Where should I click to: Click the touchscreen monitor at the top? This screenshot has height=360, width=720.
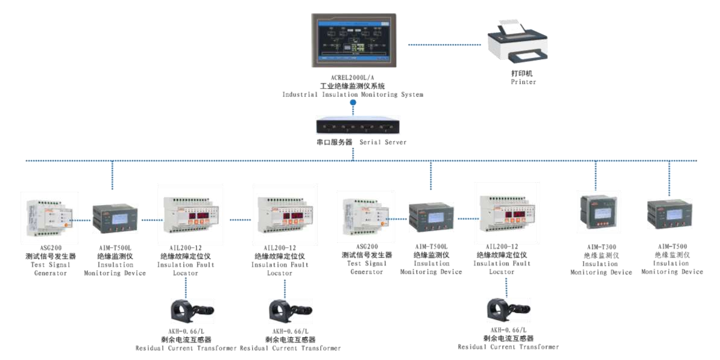point(354,40)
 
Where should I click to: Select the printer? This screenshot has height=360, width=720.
point(517,42)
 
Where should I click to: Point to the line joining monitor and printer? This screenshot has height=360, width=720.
point(447,45)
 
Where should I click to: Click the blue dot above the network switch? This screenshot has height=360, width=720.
point(353,103)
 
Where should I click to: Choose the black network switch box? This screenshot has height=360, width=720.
point(358,125)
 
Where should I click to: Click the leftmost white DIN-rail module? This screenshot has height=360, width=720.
point(49,218)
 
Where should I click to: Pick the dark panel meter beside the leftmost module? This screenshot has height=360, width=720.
point(115,218)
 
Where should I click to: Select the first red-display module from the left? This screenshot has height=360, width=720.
point(191,214)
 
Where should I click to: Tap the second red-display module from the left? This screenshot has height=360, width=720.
point(285,214)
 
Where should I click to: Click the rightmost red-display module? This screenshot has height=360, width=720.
point(507,213)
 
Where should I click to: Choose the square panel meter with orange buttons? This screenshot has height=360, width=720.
point(599,212)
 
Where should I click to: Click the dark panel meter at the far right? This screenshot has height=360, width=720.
point(669,213)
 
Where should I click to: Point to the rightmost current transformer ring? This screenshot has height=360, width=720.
point(500,309)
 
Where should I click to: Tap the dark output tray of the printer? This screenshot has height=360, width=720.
point(528,58)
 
